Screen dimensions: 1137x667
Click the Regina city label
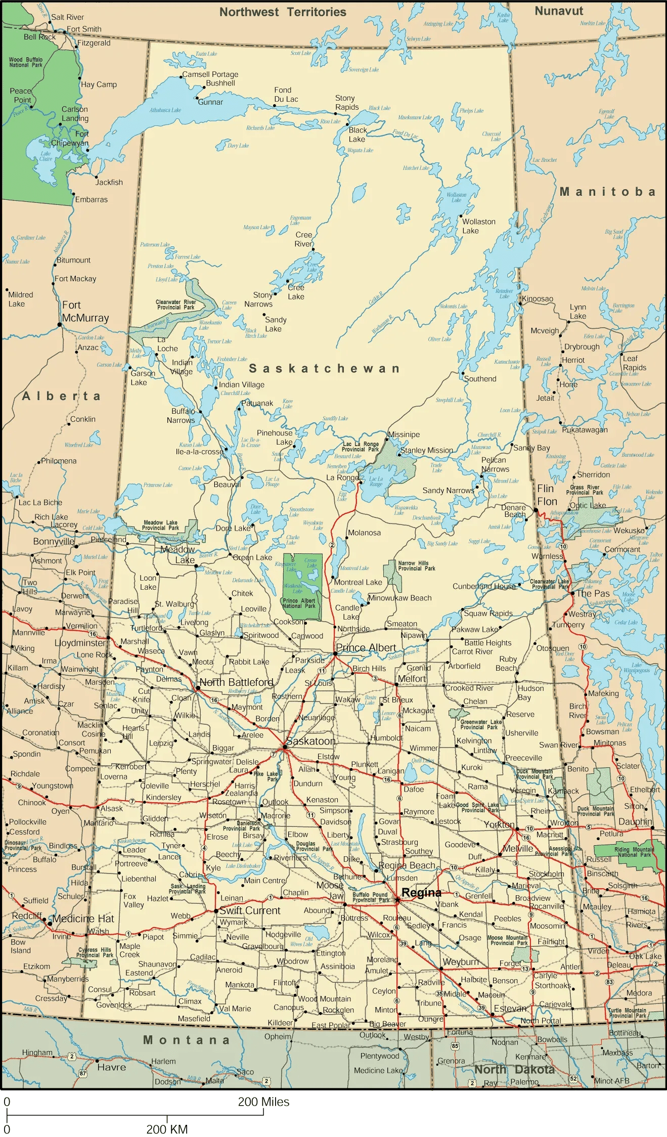[421, 893]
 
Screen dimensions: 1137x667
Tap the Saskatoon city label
[310, 741]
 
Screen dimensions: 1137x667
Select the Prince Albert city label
[366, 647]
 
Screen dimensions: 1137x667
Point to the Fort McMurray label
[85, 312]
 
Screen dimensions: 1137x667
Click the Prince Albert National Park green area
[302, 587]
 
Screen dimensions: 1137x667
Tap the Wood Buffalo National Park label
[26, 62]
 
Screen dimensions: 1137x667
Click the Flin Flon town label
[547, 495]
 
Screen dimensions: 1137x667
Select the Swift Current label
[249, 910]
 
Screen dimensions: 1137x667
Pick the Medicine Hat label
[83, 919]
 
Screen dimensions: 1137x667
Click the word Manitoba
[607, 192]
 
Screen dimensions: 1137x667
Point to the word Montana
[186, 1040]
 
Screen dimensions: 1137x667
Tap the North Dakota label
[514, 1069]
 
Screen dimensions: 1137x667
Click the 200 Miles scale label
[263, 1102]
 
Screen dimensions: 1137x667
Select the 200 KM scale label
[167, 1129]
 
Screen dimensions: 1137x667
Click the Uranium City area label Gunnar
[210, 102]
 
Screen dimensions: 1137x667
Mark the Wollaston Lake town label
[478, 226]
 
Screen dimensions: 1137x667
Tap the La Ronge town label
[342, 477]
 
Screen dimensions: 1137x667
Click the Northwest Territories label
[282, 12]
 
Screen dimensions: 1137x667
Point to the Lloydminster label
[80, 643]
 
